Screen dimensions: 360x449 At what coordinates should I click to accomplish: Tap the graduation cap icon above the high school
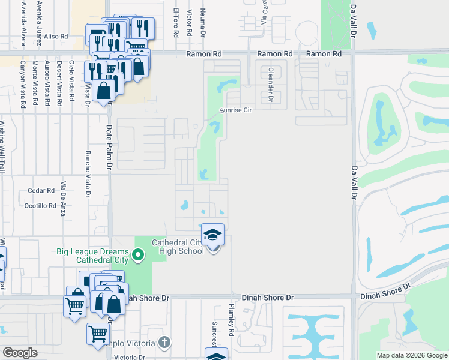(212, 235)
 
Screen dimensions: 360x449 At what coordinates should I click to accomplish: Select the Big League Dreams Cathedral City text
(92, 256)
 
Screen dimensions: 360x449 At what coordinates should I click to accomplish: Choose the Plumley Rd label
(231, 319)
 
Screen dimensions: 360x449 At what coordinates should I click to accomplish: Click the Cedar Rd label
(41, 191)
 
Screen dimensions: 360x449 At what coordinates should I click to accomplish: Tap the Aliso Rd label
(56, 37)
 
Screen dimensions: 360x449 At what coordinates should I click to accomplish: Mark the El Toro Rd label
(176, 22)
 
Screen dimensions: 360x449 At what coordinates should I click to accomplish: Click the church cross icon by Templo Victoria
(164, 343)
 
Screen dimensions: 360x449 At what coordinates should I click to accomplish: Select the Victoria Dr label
(130, 357)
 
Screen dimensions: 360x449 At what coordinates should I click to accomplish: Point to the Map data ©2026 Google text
(412, 355)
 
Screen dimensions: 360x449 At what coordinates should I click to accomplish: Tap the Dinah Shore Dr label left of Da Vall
(268, 297)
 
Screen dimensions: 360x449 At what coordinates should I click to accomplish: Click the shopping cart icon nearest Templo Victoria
(98, 334)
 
